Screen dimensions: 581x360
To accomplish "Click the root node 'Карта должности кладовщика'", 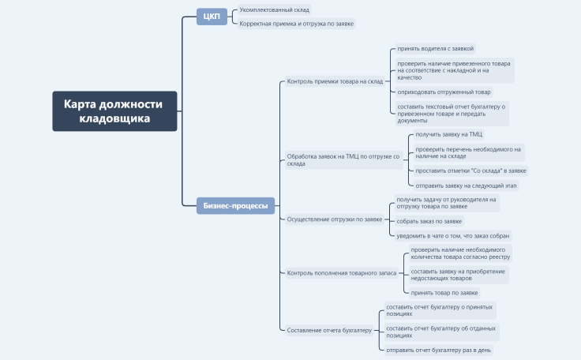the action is pos(114,111).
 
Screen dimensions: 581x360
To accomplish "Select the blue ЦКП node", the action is pos(212,17).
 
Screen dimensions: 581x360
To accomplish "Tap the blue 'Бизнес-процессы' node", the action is pos(235,206).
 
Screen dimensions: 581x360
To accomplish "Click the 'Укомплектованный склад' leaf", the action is pos(274,10).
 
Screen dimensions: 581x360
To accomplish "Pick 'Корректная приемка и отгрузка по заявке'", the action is pos(297,24).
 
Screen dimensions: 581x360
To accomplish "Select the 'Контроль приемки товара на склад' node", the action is pos(335,81).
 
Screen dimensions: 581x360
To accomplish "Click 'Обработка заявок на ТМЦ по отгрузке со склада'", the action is pos(343,159).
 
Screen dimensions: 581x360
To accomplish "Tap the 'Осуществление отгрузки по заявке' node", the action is pos(335,219).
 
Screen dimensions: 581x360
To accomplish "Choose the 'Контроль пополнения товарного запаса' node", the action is pos(342,273).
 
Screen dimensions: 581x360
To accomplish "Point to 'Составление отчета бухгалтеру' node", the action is pos(329,330).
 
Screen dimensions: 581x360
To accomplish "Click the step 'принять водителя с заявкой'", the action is pos(436,49).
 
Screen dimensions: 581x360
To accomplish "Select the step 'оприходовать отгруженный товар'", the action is pos(444,92).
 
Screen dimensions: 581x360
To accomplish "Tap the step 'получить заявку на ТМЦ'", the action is pos(448,134).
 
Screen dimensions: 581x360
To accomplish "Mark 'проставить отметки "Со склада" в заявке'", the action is pos(470,171).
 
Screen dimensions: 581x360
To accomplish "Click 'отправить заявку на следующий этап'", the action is pos(466,186).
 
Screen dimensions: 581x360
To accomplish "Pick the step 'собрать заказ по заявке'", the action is pos(429,221).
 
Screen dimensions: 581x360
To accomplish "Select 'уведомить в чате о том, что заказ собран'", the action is pos(453,236).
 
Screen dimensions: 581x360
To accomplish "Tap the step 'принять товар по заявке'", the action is pos(444,293).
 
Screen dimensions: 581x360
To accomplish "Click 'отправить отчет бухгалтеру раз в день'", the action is pos(438,350).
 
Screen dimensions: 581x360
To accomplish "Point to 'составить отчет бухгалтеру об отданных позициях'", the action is pos(442,332).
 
